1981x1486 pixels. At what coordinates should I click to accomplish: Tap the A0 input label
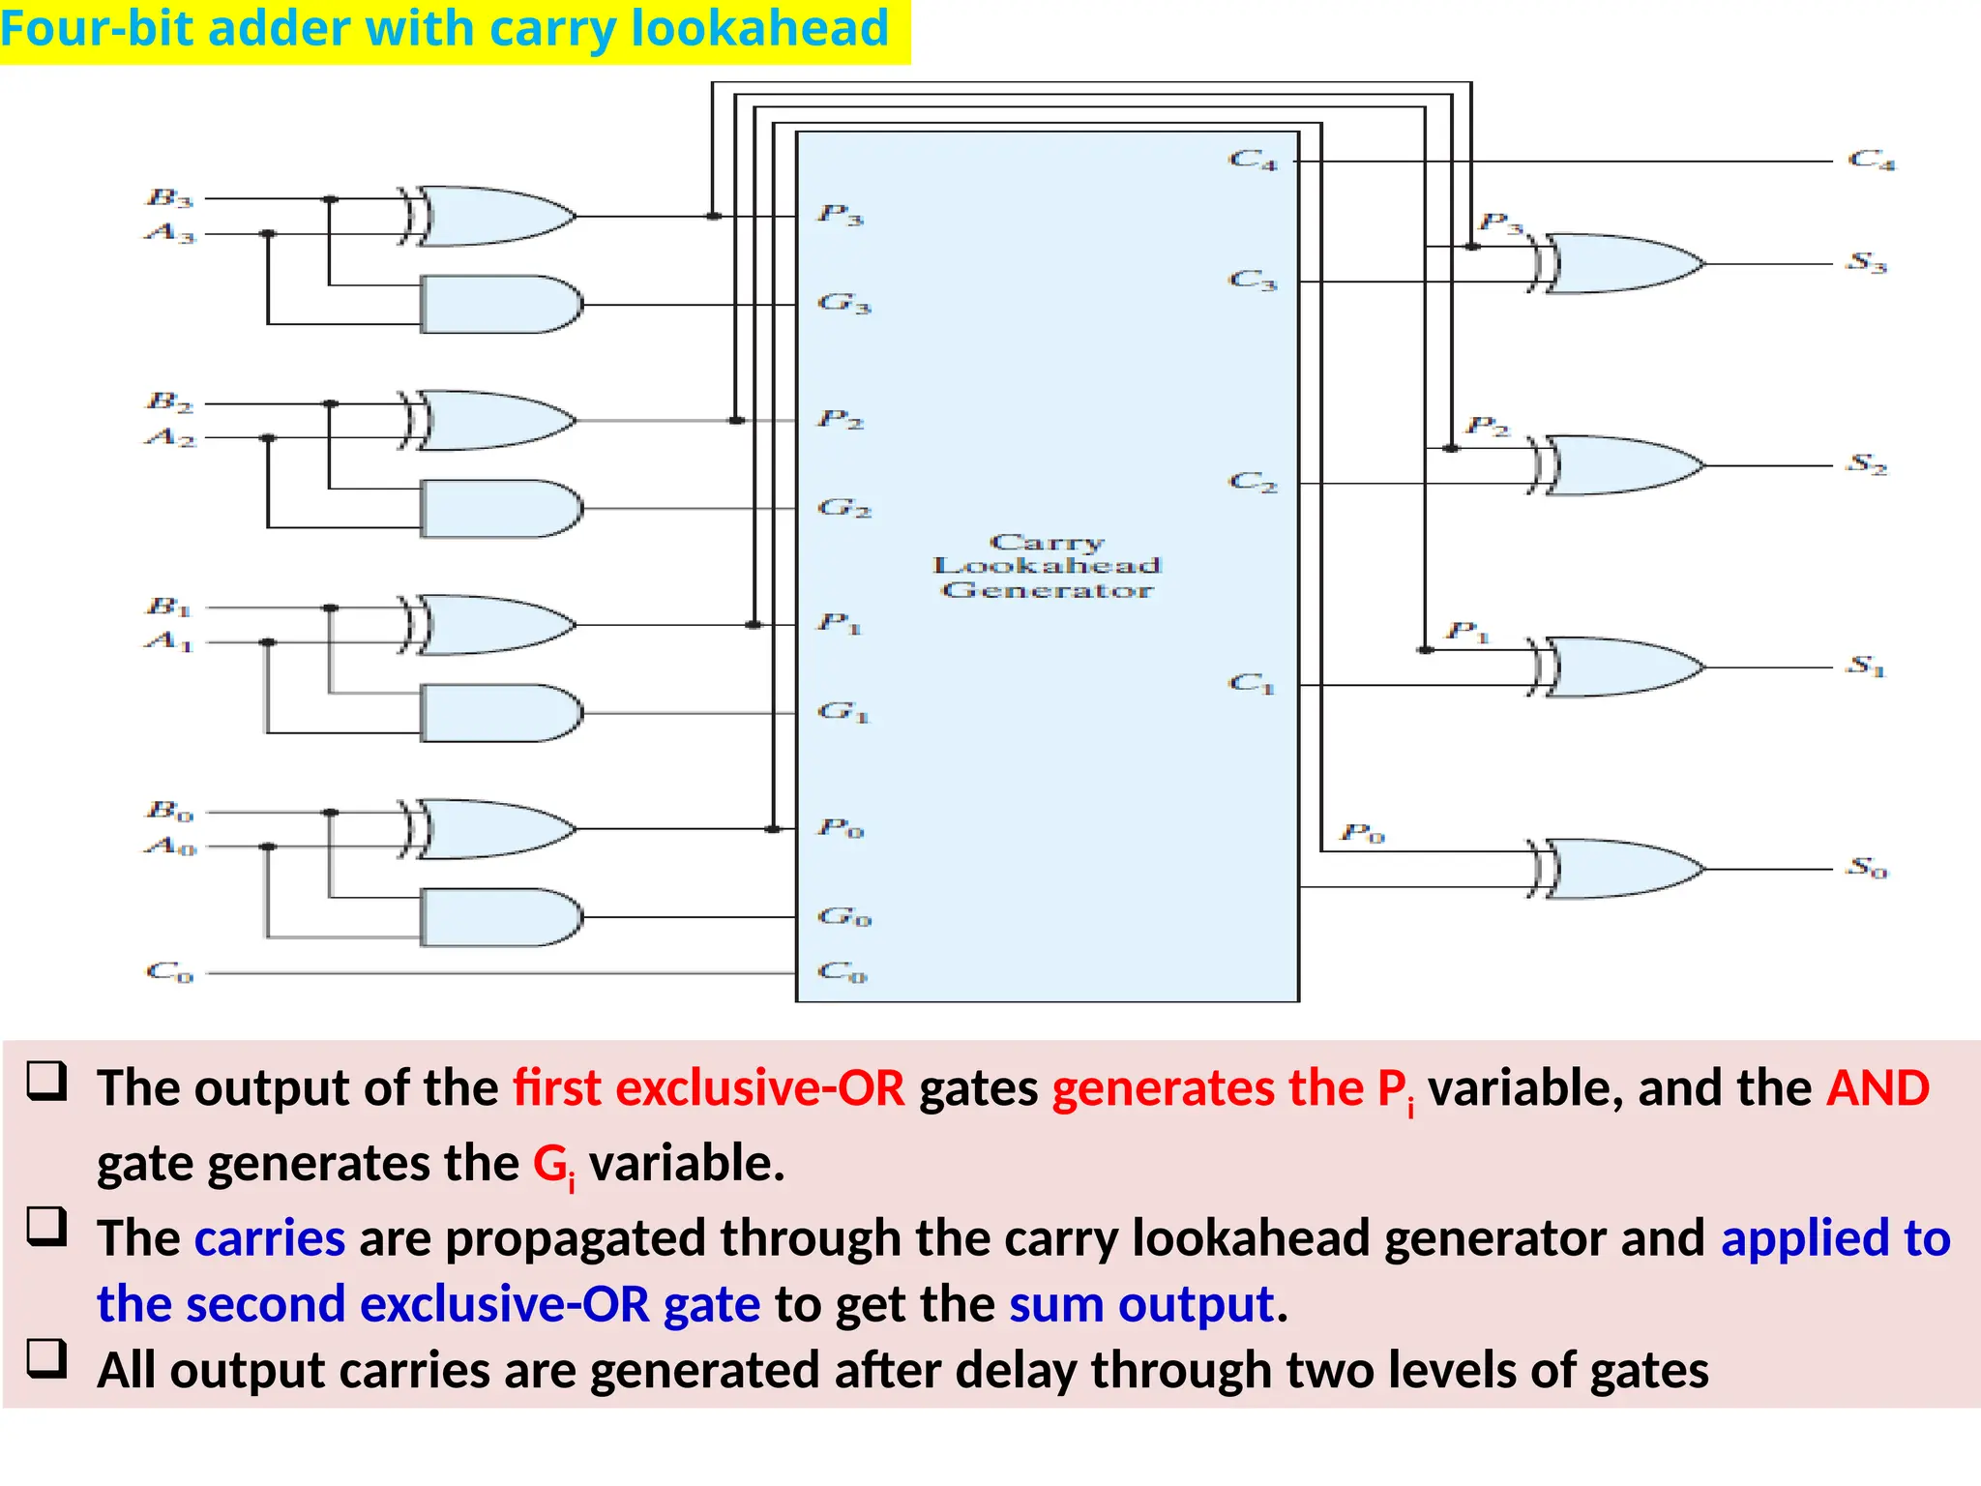coord(170,847)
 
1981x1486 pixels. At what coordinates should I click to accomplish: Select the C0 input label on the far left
coord(169,971)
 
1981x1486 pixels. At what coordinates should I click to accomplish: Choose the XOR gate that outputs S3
coord(1620,263)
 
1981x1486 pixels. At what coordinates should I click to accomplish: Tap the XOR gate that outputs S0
coord(1620,869)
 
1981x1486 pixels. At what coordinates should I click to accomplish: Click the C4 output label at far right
coord(1872,160)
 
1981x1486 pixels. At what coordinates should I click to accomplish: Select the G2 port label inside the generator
coord(844,508)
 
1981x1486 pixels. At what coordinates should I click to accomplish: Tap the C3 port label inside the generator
coord(1253,281)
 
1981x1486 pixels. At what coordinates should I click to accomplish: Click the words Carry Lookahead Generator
coord(1047,566)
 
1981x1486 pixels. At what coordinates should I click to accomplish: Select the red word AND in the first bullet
coord(1878,1088)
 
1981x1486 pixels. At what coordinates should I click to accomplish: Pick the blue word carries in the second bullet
coord(270,1238)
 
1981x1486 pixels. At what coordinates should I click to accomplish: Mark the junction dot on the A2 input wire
coord(269,438)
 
